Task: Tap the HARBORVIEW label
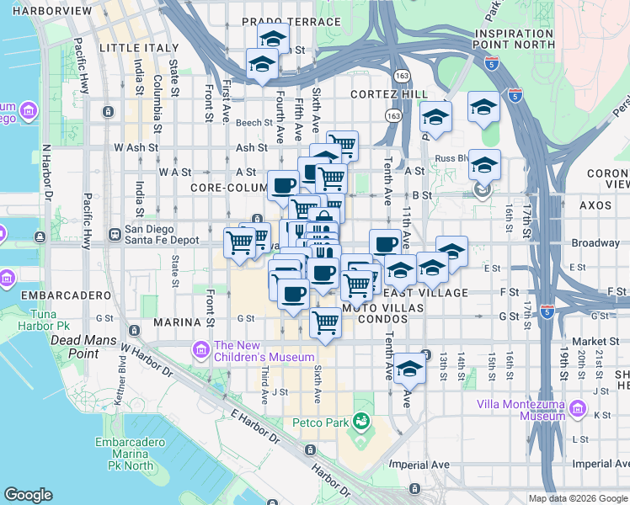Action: [x=45, y=10]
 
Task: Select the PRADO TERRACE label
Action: [x=291, y=21]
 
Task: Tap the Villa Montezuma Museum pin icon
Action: [x=578, y=409]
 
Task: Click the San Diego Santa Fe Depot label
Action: [x=149, y=234]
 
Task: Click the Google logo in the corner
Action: [x=28, y=495]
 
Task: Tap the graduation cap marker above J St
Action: [x=409, y=368]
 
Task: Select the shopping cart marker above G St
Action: [x=326, y=321]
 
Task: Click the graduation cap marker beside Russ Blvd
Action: [x=483, y=165]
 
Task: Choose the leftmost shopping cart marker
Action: [x=239, y=242]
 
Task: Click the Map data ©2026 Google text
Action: [x=578, y=498]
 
